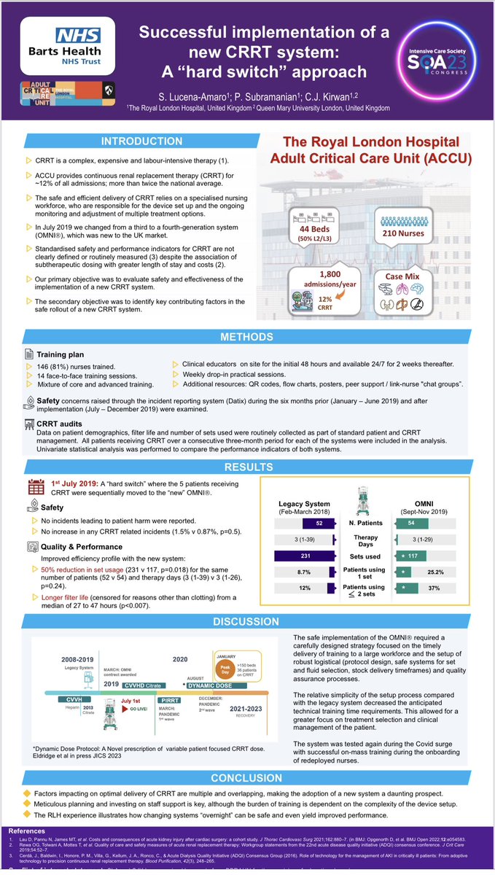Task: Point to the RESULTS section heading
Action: [248, 467]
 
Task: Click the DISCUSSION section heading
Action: [248, 621]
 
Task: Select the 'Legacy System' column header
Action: [304, 504]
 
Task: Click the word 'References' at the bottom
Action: [28, 831]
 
